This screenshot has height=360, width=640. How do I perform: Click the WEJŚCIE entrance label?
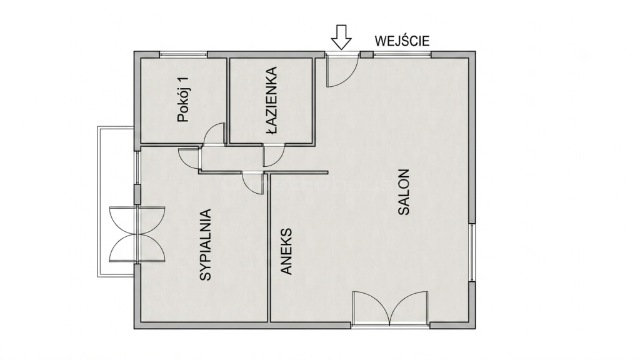point(402,41)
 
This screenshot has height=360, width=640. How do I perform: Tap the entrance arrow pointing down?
point(341,37)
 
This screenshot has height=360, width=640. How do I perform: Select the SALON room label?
point(404,192)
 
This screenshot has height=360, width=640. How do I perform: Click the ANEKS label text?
point(287,251)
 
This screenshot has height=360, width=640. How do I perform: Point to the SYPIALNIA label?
point(206,245)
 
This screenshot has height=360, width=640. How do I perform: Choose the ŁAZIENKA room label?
point(271,101)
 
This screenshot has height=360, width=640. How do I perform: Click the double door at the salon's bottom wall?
point(391,307)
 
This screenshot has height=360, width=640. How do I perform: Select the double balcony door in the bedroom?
point(137,234)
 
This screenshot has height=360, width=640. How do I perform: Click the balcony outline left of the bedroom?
point(98,202)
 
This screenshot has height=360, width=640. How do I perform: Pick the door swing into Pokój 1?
point(213,133)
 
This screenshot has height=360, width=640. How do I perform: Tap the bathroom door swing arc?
point(274,156)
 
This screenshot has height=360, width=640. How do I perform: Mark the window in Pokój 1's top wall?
point(183,54)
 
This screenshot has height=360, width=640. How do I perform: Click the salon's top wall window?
point(402,54)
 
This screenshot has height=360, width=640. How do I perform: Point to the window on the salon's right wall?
point(472,252)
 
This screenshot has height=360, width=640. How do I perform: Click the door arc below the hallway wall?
point(252,184)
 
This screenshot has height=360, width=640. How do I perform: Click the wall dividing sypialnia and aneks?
point(269,247)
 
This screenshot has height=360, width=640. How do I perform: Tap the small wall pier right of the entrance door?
point(366,54)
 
